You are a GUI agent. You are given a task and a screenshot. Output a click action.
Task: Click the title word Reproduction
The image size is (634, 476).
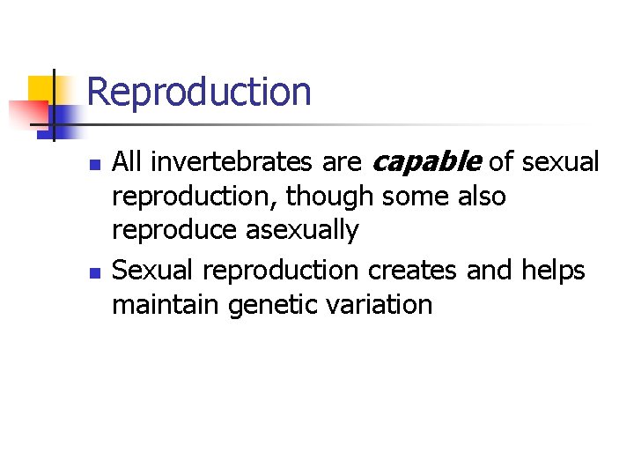click(x=199, y=92)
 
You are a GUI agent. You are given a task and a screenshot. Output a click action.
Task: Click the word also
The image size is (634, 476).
click(x=481, y=197)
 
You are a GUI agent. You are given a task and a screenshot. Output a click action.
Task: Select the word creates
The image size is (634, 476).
click(x=413, y=271)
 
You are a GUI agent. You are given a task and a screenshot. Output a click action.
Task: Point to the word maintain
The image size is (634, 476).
click(x=166, y=305)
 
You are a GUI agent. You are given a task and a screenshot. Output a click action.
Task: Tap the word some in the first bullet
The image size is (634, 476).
click(x=417, y=197)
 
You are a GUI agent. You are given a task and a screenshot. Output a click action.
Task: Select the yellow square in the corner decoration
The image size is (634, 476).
click(x=41, y=89)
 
